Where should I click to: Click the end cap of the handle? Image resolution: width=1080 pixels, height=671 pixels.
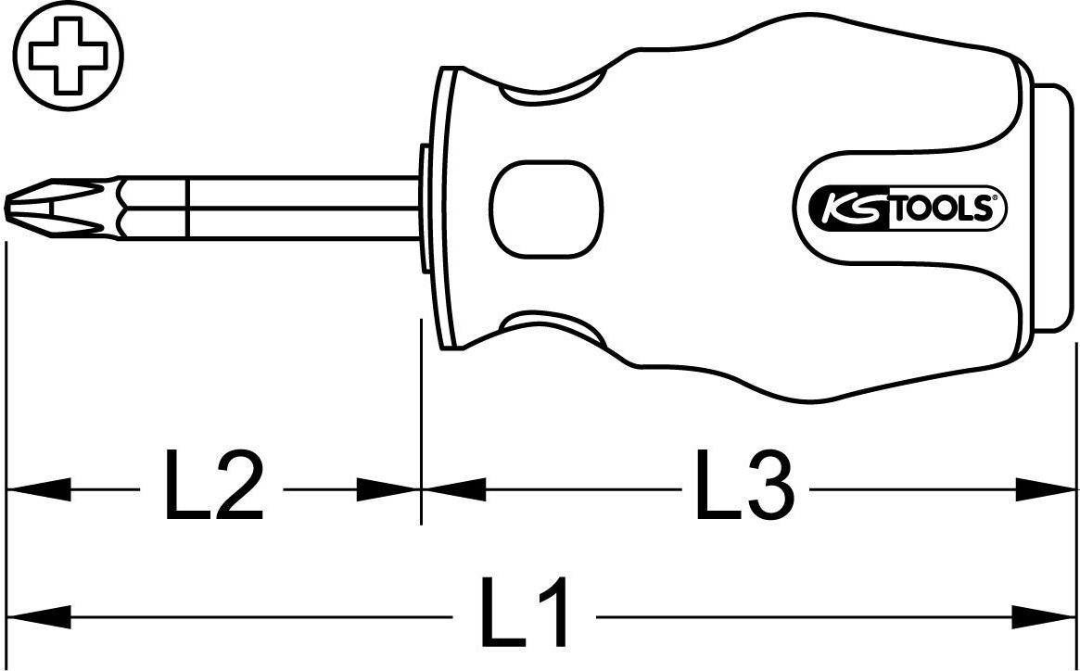tap(1051, 206)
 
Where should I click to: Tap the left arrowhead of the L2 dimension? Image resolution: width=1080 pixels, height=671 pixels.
tap(37, 489)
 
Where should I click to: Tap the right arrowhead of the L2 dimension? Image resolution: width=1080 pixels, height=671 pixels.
tap(389, 489)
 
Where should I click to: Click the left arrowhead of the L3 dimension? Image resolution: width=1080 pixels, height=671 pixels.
tap(454, 489)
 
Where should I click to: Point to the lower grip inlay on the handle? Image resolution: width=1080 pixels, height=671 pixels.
tap(547, 324)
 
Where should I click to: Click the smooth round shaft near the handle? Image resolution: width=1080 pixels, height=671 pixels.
tap(306, 206)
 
